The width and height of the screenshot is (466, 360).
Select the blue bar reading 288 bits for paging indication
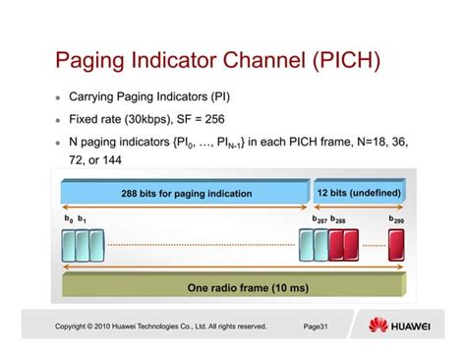[x=186, y=193]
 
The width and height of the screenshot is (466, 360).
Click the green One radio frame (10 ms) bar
[x=234, y=288]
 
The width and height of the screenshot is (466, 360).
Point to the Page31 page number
[x=317, y=327]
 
